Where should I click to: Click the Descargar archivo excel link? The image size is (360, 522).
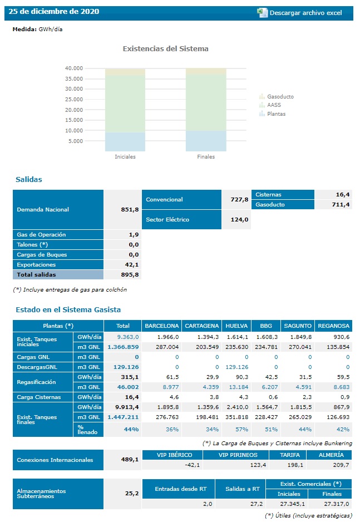point(305,13)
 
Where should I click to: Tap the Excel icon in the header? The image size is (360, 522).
point(262,13)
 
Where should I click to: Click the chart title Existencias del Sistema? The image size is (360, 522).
point(165,49)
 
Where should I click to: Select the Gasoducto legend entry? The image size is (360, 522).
point(280,97)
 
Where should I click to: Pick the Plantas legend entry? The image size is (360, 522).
point(276,114)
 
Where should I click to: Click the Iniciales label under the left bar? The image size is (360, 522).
point(125,157)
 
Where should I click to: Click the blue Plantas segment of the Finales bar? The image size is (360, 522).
point(206,141)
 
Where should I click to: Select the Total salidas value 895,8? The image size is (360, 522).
point(130,275)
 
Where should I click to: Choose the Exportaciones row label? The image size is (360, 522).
point(37,265)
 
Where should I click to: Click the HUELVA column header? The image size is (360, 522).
point(235,326)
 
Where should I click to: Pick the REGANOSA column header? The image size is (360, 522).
point(333,326)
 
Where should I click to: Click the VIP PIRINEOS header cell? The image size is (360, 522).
point(238,455)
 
